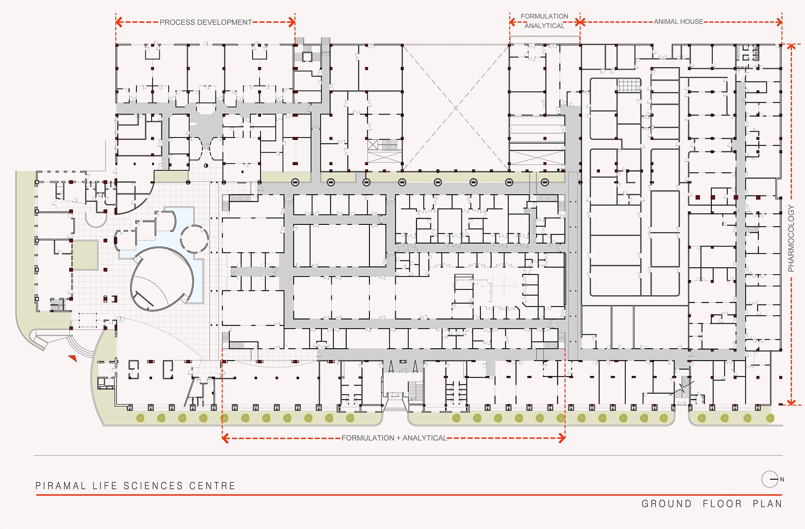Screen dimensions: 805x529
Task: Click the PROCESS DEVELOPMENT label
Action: click(205, 22)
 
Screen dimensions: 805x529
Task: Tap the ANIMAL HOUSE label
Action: click(678, 22)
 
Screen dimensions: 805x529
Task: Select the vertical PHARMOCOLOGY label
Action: click(791, 238)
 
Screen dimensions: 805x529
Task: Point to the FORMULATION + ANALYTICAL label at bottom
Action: click(394, 438)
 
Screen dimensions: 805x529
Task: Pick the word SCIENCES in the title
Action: click(153, 486)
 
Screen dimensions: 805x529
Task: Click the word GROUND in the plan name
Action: click(666, 504)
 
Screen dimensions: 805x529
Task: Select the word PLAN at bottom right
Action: click(767, 504)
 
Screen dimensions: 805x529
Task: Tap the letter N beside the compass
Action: click(782, 479)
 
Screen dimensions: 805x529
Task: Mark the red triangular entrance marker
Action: click(73, 358)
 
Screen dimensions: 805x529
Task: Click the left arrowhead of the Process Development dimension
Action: click(119, 22)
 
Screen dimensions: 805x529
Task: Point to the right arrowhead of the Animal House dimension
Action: click(779, 22)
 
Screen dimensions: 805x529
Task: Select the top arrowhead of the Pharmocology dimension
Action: click(791, 47)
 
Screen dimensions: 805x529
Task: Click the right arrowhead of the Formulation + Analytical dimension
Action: click(562, 438)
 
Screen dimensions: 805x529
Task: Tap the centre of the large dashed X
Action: click(456, 108)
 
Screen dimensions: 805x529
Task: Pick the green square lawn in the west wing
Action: click(85, 255)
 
